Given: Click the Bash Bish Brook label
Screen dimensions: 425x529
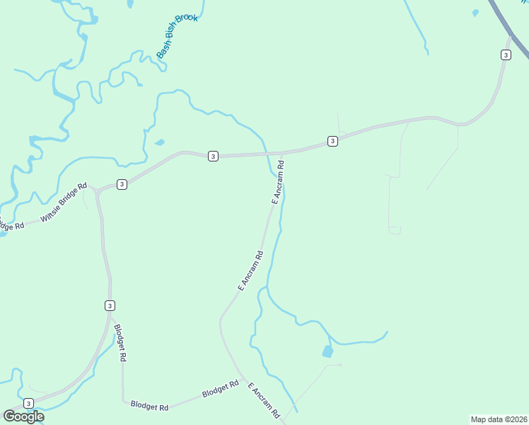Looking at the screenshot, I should coord(177,35).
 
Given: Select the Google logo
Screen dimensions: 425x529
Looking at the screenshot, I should coord(23,416).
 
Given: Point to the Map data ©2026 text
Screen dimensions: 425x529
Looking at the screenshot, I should coord(499,419).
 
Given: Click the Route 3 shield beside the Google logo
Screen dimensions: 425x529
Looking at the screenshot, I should coord(28,403).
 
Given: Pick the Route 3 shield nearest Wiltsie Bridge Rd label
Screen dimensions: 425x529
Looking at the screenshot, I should coord(122,184).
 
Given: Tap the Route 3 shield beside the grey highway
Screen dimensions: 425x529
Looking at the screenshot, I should coord(505,55).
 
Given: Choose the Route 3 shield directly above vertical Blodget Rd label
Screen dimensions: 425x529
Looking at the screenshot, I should coord(110,305).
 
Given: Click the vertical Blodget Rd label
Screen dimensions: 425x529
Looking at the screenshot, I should coord(121,343).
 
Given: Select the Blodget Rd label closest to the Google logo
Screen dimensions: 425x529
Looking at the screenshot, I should coord(149,407).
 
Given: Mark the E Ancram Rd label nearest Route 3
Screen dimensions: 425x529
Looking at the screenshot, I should coord(278,183).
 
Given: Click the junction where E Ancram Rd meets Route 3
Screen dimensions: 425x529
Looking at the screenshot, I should coord(283,153).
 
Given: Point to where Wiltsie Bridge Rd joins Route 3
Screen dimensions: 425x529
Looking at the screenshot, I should coord(96,190).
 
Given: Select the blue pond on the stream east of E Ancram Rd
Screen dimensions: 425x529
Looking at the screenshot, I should coord(327,351).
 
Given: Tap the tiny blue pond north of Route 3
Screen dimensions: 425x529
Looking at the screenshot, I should coord(159,142).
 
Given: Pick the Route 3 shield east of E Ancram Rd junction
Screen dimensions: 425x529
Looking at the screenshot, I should coord(332,142).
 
